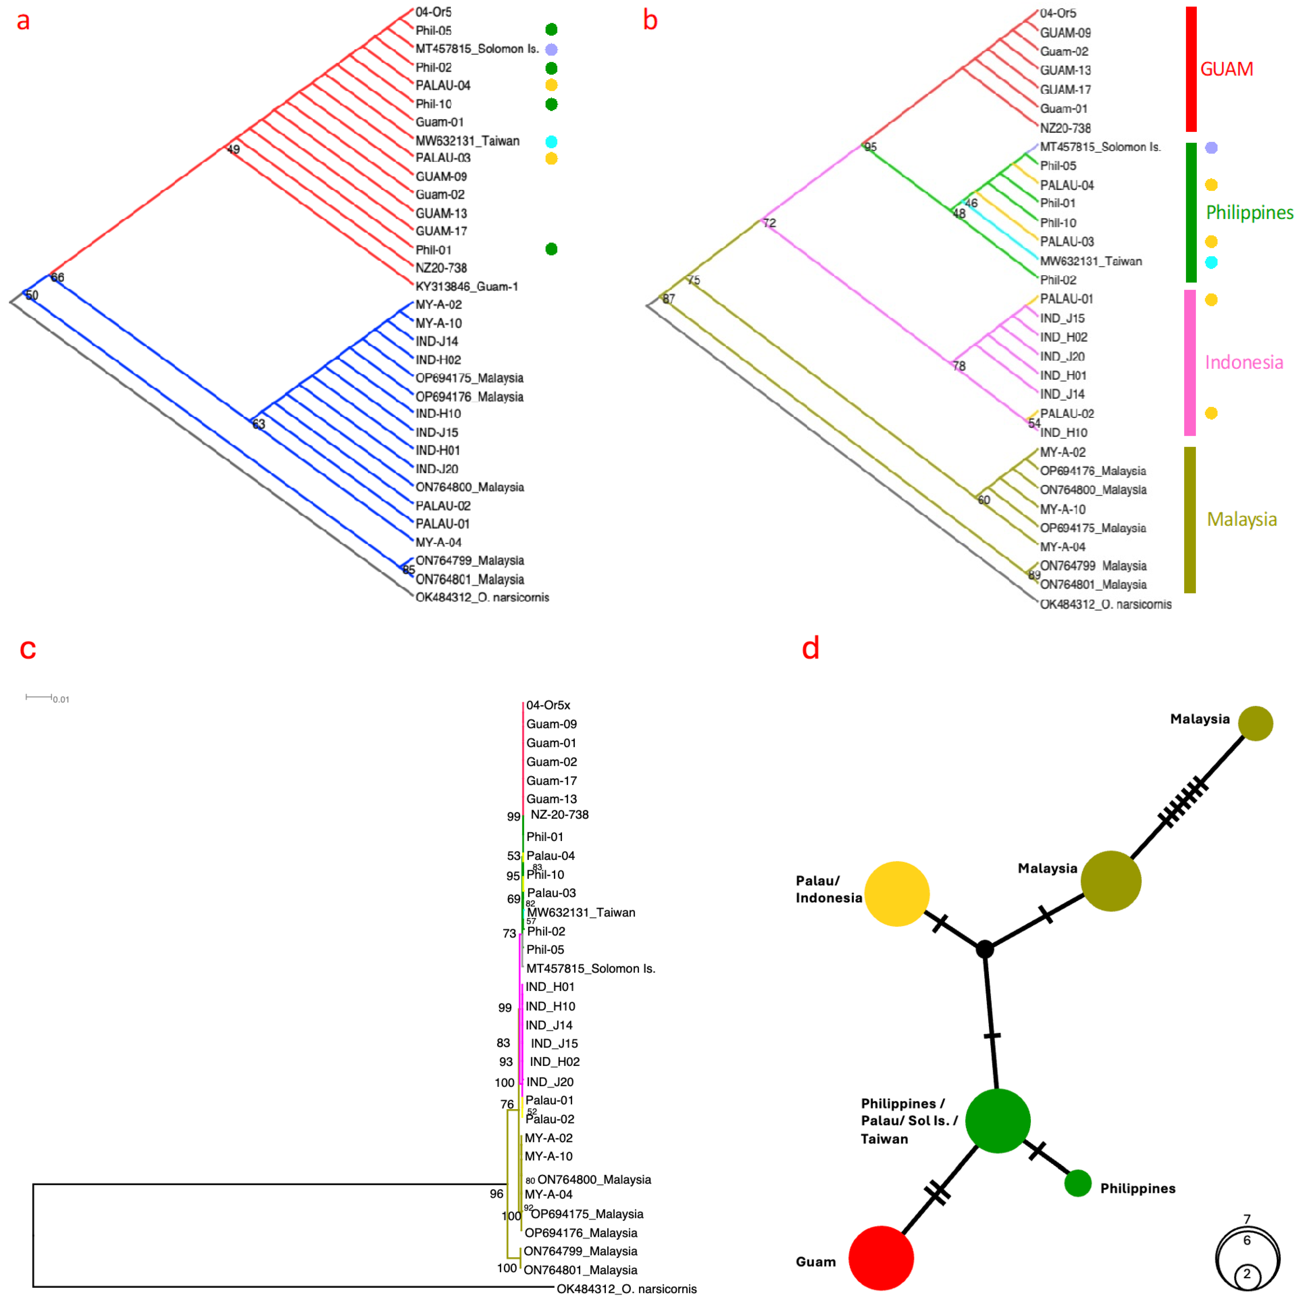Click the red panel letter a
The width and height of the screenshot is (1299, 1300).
coord(23,21)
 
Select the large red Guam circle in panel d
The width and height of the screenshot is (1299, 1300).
coord(880,1258)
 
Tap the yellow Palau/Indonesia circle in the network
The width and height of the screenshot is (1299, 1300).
coord(896,894)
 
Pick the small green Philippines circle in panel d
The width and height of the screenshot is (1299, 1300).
coord(1078,1183)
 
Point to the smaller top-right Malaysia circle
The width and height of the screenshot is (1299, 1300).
coord(1255,723)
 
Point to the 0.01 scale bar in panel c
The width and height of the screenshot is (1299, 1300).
coord(39,697)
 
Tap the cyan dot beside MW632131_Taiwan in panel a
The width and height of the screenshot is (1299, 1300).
coord(551,141)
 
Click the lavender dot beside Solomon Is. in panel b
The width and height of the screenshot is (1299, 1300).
coord(1211,147)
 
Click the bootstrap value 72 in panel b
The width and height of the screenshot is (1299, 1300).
coord(769,223)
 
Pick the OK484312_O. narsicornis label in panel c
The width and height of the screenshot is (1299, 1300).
coord(626,1289)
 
